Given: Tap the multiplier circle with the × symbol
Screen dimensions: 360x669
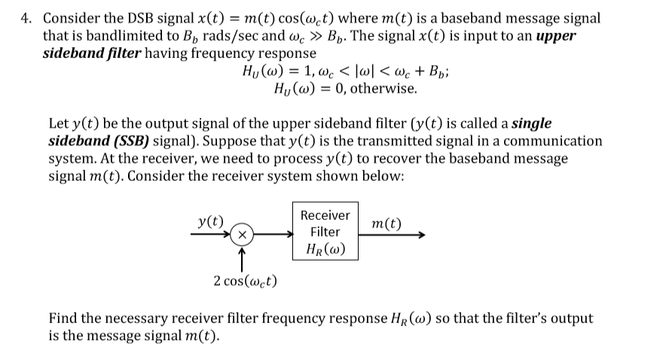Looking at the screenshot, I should coord(241,235).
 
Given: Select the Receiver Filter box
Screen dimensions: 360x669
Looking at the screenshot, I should coord(325,231).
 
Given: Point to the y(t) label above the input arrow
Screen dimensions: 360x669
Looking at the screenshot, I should coord(210,221).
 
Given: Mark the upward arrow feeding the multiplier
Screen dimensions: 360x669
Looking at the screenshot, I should coord(241,258).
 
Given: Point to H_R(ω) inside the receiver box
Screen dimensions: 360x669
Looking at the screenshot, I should coord(325,249).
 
